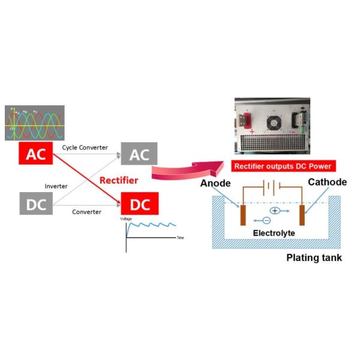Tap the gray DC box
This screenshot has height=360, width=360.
[x=36, y=205]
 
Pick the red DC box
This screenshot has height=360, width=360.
[x=139, y=205]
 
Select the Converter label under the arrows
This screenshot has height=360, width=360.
[x=86, y=212]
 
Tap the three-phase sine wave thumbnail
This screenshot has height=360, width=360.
[x=34, y=123]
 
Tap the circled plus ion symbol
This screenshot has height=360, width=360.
[x=275, y=211]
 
